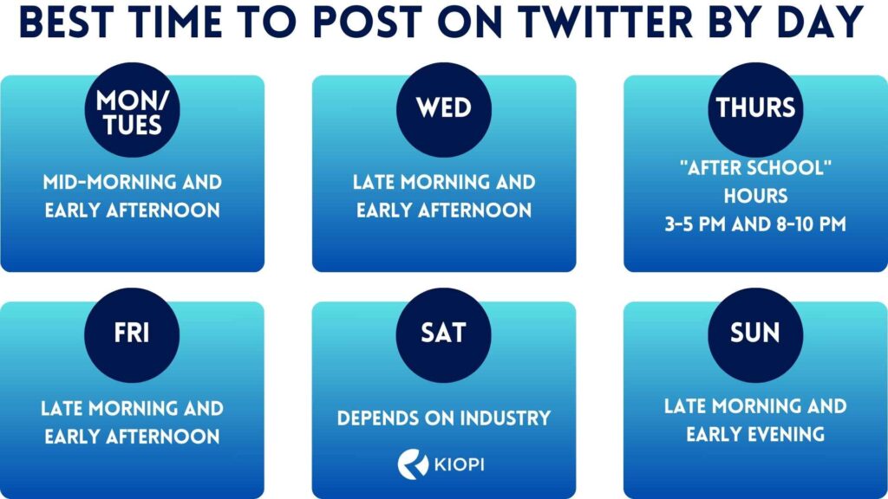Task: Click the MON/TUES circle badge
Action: [132, 111]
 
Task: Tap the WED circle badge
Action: [444, 109]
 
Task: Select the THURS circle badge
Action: [755, 109]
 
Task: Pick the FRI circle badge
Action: [132, 334]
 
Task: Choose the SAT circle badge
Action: [444, 334]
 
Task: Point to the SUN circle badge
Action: [755, 334]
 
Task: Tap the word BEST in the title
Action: [73, 23]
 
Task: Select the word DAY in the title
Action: [818, 23]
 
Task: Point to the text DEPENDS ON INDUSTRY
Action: [444, 418]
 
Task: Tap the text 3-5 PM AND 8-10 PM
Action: [755, 223]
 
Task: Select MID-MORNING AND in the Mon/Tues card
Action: [132, 183]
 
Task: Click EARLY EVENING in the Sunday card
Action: [755, 435]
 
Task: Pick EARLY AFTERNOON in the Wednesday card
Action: [444, 211]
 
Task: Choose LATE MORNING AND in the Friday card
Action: [132, 408]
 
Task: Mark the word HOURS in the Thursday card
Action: [755, 197]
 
